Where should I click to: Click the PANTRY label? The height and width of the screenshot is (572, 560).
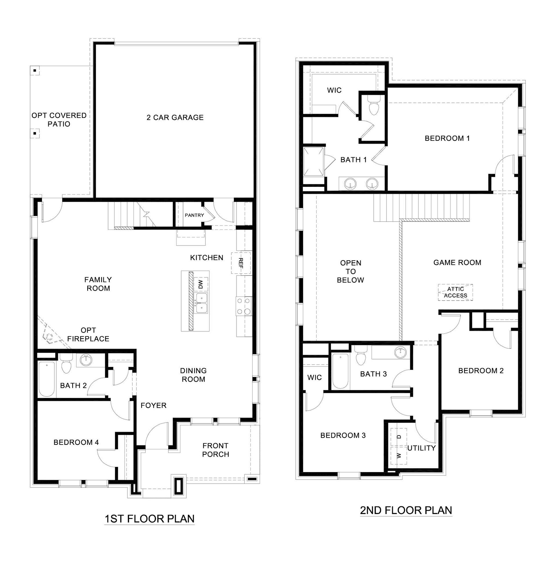[194, 215]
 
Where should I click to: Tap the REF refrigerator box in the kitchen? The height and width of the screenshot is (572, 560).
[241, 263]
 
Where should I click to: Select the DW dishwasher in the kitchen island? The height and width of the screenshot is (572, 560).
[201, 284]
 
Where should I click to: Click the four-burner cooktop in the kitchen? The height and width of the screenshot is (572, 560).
[244, 306]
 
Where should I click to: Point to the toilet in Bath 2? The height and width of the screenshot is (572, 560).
[66, 364]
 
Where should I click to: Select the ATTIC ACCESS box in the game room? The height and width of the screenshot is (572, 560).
[455, 292]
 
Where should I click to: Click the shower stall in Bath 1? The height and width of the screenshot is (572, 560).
[313, 162]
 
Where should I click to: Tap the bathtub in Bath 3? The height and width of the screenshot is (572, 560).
[340, 371]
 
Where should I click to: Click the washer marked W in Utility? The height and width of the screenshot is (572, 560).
[399, 455]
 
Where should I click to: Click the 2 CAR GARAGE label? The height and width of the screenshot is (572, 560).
[175, 118]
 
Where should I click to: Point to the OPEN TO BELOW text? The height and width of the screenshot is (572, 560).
[350, 271]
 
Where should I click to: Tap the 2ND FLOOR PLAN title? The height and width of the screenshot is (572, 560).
[406, 510]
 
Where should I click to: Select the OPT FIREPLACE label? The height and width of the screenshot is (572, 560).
[88, 335]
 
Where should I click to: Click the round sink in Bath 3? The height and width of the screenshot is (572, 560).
[400, 352]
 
